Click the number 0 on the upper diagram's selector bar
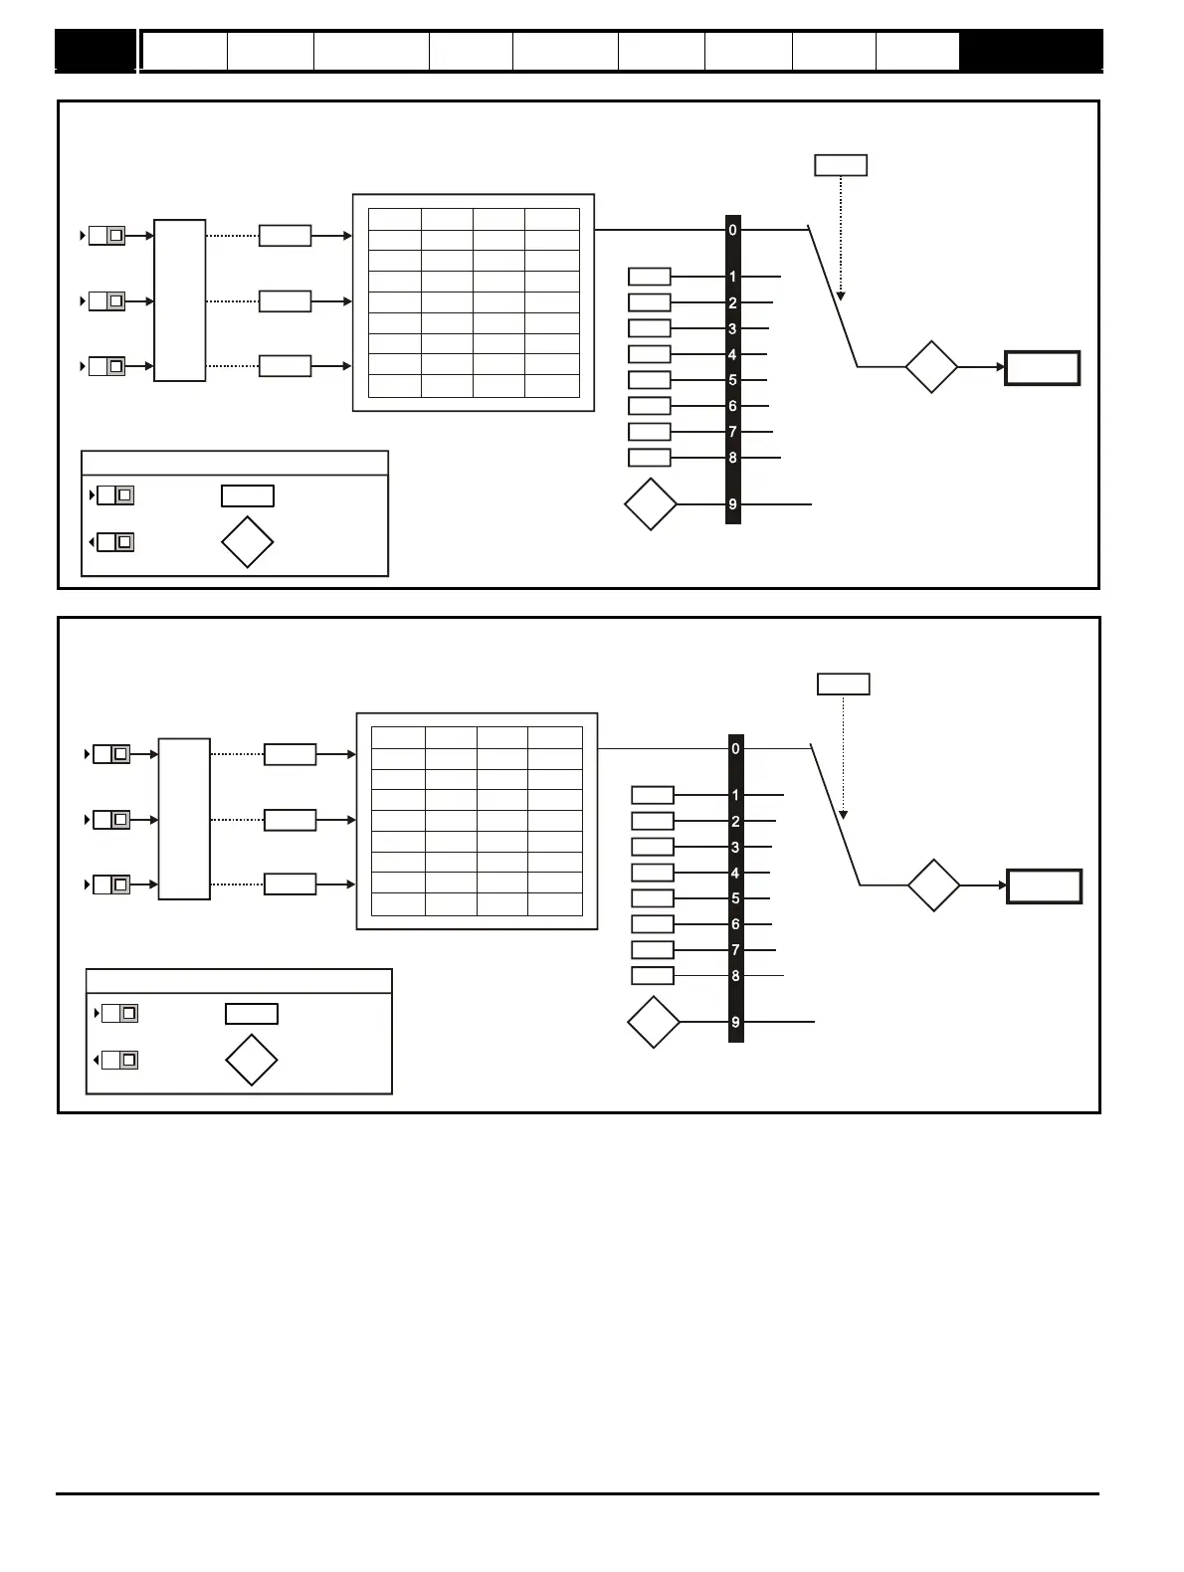[x=733, y=230]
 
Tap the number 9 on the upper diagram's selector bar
[x=733, y=504]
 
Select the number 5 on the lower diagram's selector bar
[x=736, y=898]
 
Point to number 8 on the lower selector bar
[x=736, y=976]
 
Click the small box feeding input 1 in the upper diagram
[x=650, y=277]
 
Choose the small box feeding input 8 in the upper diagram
[x=650, y=458]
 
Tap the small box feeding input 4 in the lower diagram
[x=653, y=873]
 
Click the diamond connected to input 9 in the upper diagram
[x=651, y=504]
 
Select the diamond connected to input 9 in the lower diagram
[x=654, y=1023]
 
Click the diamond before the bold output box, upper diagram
[x=931, y=367]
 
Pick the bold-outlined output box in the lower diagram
[x=1045, y=885]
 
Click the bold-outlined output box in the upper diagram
[x=1043, y=368]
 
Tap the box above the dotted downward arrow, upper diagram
[x=841, y=165]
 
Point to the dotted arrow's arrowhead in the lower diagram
[x=844, y=814]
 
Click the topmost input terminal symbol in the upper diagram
[x=105, y=236]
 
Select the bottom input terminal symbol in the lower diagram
[x=110, y=884]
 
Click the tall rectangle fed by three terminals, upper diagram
[x=180, y=300]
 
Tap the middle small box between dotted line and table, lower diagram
[x=290, y=820]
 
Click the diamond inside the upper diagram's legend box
[x=247, y=542]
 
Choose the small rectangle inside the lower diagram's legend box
[x=252, y=1014]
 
